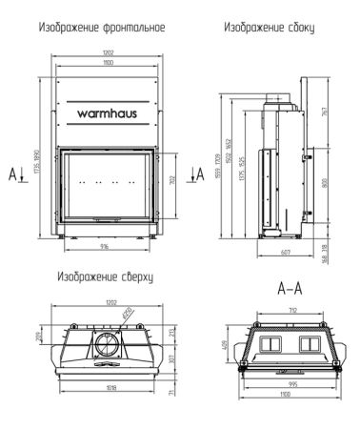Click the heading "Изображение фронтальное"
click(101, 30)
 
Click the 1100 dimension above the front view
click(106, 60)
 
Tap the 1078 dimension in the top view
click(106, 387)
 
